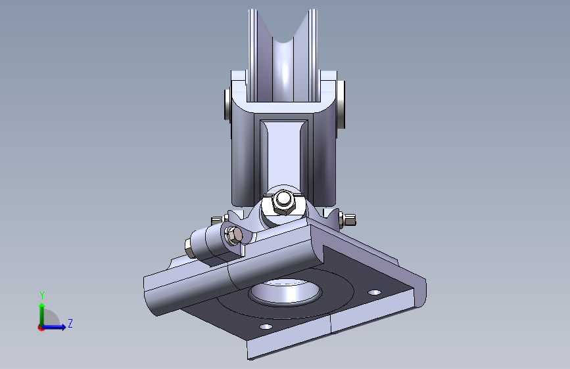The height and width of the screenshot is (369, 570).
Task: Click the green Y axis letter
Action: tap(42, 295)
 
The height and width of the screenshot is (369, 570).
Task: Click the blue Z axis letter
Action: tap(70, 323)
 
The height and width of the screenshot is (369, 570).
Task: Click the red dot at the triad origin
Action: tap(41, 328)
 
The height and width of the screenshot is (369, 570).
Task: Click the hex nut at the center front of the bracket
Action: tap(284, 204)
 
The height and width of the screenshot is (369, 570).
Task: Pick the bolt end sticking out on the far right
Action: tap(350, 220)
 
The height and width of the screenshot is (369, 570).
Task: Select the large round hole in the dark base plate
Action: tap(285, 291)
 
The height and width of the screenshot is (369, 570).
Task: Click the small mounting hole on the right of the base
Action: tap(375, 292)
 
